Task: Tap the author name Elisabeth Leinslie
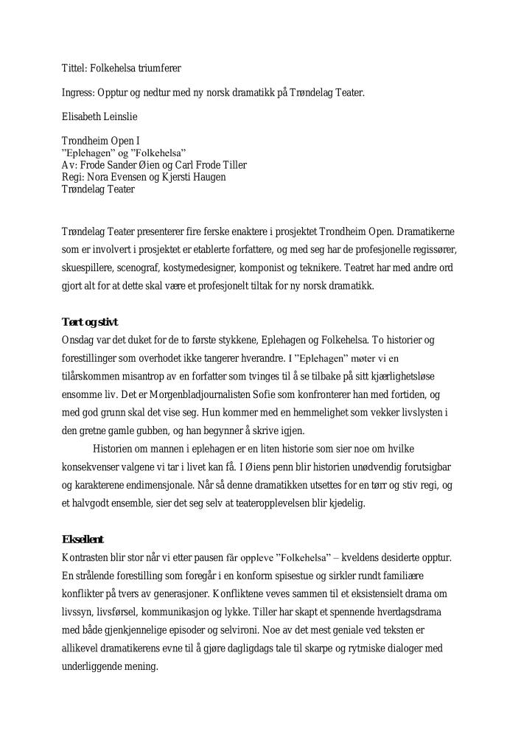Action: point(99,116)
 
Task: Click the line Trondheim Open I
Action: point(100,140)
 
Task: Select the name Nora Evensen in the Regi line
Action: point(115,177)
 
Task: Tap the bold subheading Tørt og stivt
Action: point(89,322)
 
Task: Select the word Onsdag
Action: point(78,340)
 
